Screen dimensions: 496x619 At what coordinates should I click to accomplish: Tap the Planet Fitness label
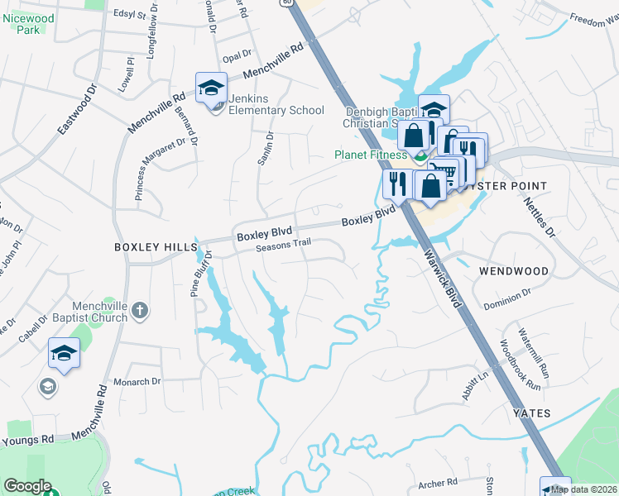[x=370, y=155]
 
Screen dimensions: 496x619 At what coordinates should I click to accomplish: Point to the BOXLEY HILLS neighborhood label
[x=156, y=247]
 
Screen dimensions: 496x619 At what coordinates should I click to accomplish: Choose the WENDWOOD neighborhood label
[x=513, y=271]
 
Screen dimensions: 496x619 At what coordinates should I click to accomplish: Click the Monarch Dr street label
[x=138, y=382]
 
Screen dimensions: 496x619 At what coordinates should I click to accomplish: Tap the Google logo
[x=27, y=486]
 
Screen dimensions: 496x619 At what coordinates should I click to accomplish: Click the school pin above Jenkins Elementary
[x=212, y=88]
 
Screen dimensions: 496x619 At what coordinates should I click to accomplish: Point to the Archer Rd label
[x=438, y=482]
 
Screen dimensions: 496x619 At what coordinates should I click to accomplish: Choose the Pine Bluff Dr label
[x=200, y=274]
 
